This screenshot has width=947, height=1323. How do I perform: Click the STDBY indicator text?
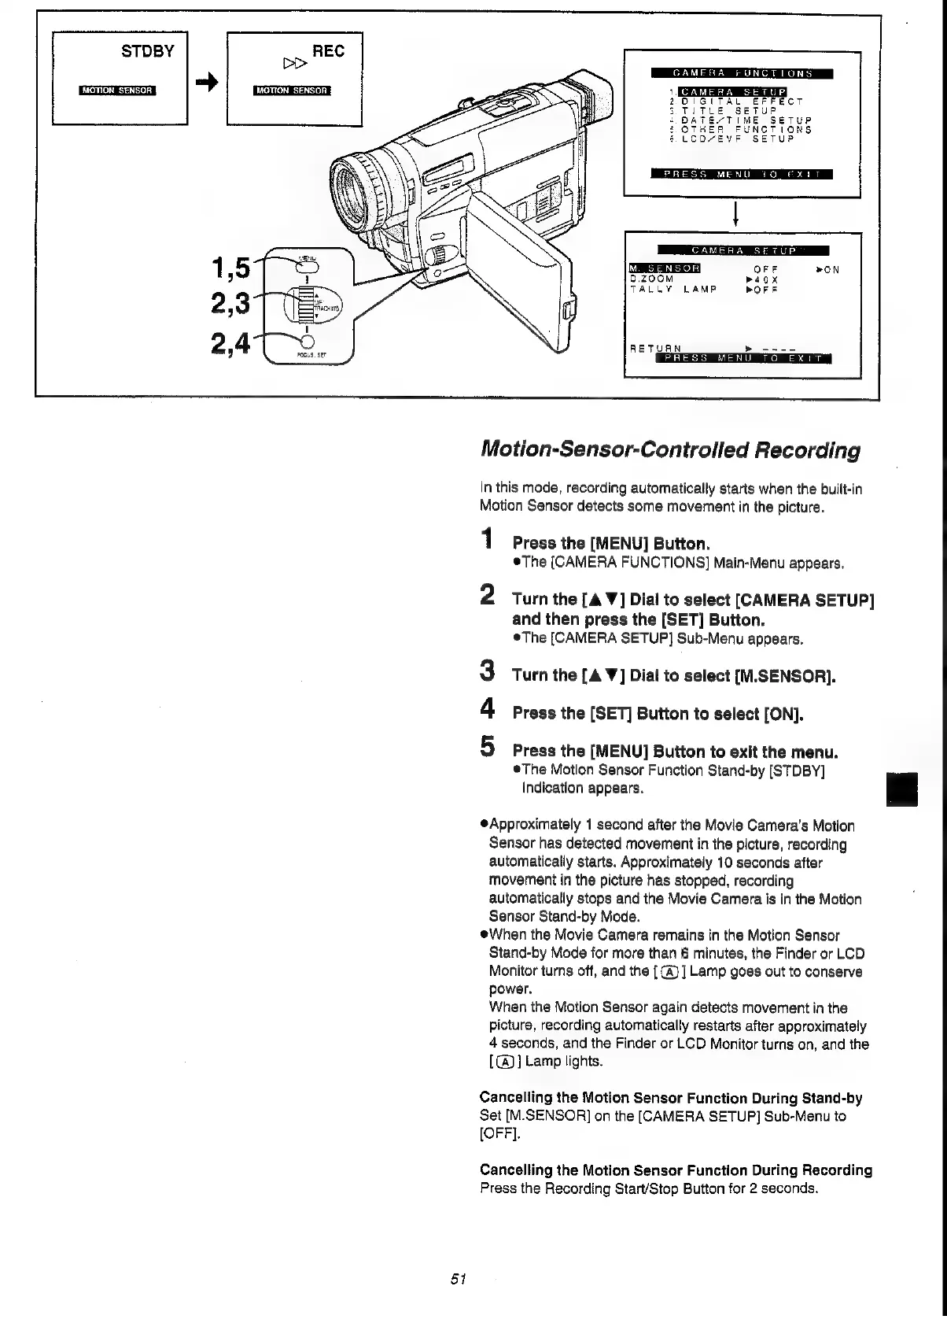tap(147, 52)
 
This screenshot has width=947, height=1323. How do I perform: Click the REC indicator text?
tap(328, 51)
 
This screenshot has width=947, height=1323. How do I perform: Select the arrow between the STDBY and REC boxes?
tap(206, 81)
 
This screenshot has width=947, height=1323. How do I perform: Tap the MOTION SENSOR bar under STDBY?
tap(117, 90)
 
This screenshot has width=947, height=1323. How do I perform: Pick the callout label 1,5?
tap(231, 269)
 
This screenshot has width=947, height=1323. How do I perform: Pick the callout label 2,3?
tap(231, 303)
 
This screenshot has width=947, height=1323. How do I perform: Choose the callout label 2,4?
tap(230, 343)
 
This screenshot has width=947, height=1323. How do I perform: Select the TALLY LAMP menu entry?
tap(674, 289)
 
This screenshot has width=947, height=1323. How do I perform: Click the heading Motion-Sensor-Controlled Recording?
tap(669, 451)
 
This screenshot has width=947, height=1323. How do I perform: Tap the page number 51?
tap(460, 1279)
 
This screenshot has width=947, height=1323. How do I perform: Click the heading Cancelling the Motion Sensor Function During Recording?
tap(676, 1170)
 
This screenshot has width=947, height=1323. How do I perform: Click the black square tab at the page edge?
tap(901, 789)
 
